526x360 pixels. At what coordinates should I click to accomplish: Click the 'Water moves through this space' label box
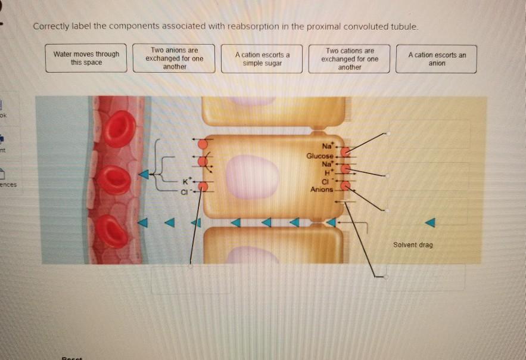(86, 58)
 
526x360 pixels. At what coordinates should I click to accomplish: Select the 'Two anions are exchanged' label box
(175, 58)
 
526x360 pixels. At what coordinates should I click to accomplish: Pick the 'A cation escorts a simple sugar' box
(262, 59)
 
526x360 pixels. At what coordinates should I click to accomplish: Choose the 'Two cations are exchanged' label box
(350, 59)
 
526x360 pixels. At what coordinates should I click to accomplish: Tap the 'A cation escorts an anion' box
(437, 59)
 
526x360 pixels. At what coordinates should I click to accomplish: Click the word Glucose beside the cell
(319, 156)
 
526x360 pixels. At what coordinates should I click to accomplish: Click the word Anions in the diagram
(322, 190)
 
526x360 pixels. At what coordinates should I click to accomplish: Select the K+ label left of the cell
(187, 179)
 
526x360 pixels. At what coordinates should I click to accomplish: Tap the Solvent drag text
(413, 245)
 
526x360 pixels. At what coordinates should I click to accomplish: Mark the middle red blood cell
(113, 180)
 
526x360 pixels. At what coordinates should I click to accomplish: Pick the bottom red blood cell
(112, 231)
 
